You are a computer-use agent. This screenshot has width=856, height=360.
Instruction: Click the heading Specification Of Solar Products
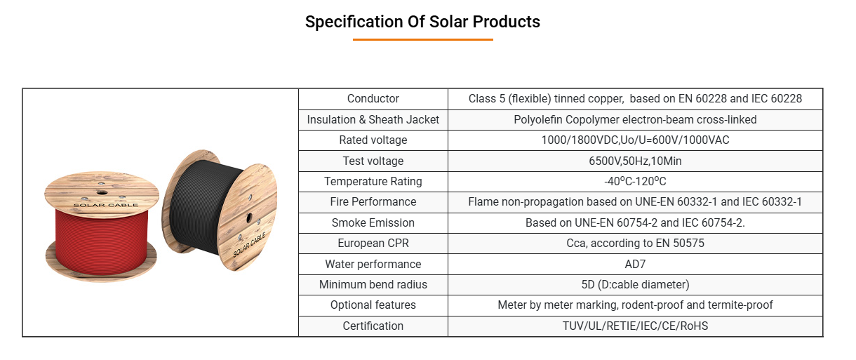coord(422,22)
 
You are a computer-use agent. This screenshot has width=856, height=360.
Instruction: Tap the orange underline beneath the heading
coord(422,39)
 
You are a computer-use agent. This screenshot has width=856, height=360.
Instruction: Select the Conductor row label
coord(373,99)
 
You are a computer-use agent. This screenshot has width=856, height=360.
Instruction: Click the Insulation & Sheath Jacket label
coord(373,119)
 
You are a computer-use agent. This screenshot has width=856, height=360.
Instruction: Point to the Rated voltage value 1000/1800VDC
coord(580,140)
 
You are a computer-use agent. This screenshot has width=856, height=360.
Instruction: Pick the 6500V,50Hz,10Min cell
coord(635,161)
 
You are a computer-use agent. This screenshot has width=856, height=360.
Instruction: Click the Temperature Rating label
coord(373,181)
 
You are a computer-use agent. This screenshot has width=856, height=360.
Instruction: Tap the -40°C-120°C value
coord(635,181)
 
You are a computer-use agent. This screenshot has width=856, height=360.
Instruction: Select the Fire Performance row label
coord(373,202)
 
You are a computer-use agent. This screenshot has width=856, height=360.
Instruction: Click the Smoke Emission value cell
coord(635,222)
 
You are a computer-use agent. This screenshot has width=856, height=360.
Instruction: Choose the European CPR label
coord(373,243)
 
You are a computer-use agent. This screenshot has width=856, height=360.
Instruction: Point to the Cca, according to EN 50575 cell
coord(635,243)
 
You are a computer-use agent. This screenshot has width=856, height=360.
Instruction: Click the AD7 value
coord(635,264)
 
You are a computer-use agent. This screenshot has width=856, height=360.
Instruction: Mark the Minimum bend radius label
coord(373,285)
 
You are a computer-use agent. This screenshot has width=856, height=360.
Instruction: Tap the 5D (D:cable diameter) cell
coord(635,285)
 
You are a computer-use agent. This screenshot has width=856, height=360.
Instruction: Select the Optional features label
coord(373,305)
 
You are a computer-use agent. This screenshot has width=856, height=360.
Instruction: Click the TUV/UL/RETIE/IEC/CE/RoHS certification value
coord(635,326)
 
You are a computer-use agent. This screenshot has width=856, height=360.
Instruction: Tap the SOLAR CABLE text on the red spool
coord(105,205)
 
